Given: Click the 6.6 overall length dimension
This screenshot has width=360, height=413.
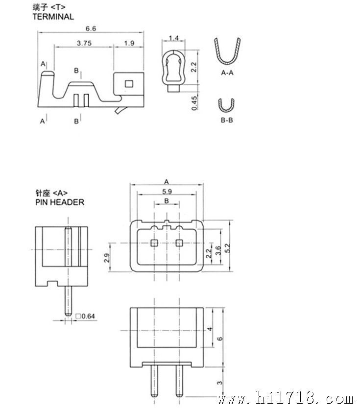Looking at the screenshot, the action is (x=91, y=28).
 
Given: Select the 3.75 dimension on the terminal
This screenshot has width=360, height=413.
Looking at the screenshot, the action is (x=84, y=43).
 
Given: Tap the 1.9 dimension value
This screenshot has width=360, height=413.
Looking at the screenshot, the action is (x=129, y=43).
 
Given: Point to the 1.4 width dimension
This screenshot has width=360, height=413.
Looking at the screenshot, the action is (x=173, y=38).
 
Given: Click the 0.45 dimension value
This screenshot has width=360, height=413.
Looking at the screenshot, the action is (x=194, y=103).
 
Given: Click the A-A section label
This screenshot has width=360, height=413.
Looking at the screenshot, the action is (x=227, y=73).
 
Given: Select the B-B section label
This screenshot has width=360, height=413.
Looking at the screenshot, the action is (x=227, y=121).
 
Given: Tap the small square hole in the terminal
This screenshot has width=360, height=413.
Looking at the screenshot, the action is (x=129, y=84).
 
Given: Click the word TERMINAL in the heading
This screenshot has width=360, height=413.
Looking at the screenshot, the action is (x=53, y=17).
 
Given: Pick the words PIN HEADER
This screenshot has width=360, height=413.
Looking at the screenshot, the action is (x=60, y=202).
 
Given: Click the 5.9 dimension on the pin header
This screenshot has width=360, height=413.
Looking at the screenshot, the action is (x=167, y=192).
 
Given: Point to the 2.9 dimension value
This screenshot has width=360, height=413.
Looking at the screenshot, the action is (x=107, y=258).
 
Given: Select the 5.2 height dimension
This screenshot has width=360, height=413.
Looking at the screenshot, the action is (x=228, y=248).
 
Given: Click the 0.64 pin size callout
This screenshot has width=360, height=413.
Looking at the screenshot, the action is (x=85, y=316).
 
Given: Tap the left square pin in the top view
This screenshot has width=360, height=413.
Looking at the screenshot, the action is (x=154, y=243).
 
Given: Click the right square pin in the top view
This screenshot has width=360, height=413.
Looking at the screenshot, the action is (x=179, y=243).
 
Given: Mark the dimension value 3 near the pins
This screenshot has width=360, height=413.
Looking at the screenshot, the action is (x=219, y=383).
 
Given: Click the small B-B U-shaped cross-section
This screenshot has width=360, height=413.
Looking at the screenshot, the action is (x=226, y=105).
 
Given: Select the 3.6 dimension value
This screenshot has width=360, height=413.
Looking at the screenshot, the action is (x=218, y=250).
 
